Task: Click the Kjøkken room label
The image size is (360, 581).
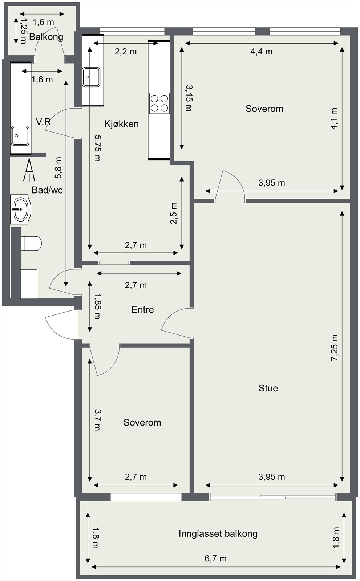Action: point(121,124)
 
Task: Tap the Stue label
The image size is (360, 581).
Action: point(268,388)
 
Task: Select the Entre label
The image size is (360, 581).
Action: point(142,309)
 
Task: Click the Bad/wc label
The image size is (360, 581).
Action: point(47,190)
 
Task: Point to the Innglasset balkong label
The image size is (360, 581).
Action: point(218,533)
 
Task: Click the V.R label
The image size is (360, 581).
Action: point(43,122)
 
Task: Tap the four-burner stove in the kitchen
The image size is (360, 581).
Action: point(159,103)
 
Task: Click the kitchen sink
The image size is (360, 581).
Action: point(92,77)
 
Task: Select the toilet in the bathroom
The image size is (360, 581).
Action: point(31,243)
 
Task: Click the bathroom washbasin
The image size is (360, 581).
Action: point(21,209)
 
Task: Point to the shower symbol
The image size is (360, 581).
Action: point(29,170)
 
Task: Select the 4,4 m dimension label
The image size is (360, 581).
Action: point(261,52)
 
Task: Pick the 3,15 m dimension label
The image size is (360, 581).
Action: point(189,98)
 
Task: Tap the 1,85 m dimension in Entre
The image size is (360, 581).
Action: point(98,306)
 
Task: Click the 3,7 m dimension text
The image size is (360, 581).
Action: point(98,420)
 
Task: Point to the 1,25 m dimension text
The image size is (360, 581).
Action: point(23,31)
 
